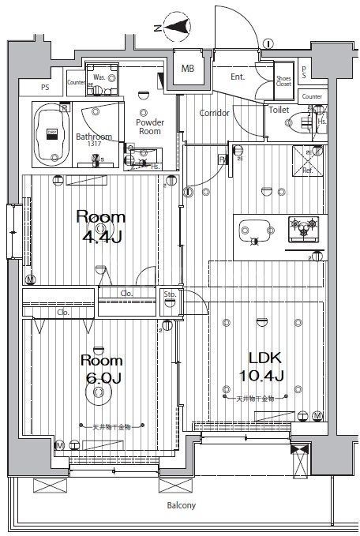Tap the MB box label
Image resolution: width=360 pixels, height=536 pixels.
coord(187,69)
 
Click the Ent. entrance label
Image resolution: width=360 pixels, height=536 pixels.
coord(238,77)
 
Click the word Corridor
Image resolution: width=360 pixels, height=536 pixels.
coord(214,113)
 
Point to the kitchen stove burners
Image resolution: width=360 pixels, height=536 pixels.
coord(305,225)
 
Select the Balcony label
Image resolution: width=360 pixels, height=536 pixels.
coord(181,505)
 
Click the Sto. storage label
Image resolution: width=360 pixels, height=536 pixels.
coord(169,294)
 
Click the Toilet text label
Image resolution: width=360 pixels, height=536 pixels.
coord(279,110)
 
